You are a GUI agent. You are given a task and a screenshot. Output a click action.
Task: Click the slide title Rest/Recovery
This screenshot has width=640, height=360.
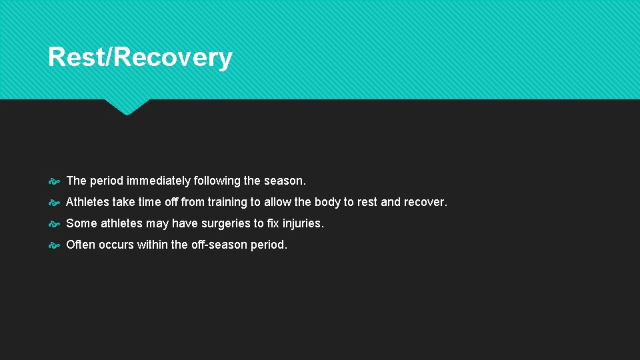(x=140, y=57)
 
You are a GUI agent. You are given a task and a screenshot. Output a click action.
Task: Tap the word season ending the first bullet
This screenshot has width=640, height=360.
(x=284, y=181)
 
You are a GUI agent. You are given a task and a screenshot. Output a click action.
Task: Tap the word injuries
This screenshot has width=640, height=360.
(x=303, y=223)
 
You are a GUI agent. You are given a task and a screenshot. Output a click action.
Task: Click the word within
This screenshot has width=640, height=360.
(x=152, y=245)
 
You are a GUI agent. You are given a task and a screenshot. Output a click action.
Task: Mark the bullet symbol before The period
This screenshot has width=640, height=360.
(x=55, y=181)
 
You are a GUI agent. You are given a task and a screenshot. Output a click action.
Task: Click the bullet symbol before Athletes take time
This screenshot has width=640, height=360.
(x=55, y=202)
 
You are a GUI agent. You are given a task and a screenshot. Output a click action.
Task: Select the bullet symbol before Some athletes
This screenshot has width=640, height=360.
(x=55, y=223)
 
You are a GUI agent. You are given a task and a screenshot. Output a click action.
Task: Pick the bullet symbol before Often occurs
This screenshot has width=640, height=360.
(x=55, y=245)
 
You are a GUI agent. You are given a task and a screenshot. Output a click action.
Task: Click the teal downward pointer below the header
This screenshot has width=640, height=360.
(x=127, y=107)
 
